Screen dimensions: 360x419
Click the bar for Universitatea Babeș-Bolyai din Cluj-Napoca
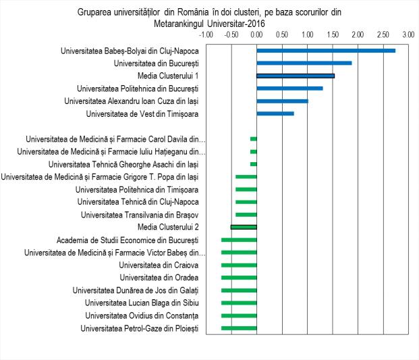click(x=326, y=51)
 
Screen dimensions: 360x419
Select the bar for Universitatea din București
click(x=304, y=63)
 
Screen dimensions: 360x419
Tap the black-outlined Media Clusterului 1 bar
click(x=296, y=76)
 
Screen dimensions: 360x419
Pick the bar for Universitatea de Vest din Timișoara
click(x=275, y=113)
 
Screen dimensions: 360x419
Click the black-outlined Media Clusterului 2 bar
click(x=244, y=227)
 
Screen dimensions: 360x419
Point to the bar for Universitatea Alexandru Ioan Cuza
click(x=282, y=101)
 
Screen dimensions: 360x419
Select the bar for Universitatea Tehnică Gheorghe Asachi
click(x=254, y=164)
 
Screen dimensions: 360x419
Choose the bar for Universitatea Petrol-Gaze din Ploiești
click(x=239, y=328)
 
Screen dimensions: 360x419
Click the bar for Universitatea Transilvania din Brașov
click(x=246, y=215)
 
